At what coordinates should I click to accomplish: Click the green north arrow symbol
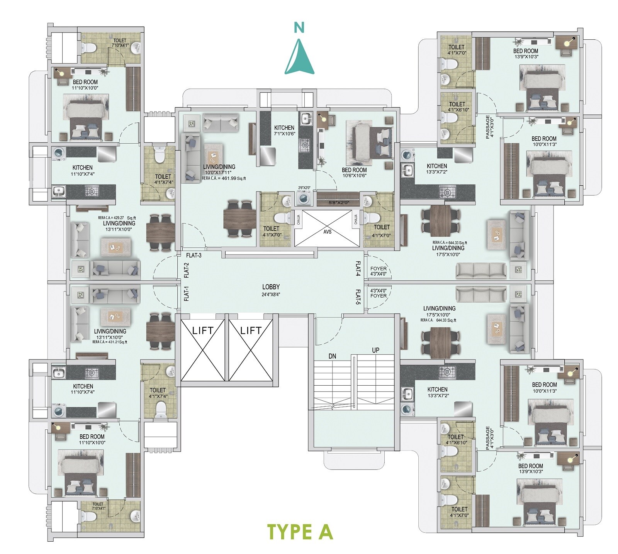pyautogui.click(x=299, y=57)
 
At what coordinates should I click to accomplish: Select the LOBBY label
pyautogui.click(x=271, y=287)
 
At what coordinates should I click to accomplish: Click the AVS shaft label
pyautogui.click(x=328, y=232)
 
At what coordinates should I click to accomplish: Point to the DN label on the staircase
pyautogui.click(x=332, y=356)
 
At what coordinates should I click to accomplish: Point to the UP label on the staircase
pyautogui.click(x=375, y=350)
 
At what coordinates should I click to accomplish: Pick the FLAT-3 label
pyautogui.click(x=194, y=255)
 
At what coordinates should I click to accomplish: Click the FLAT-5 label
pyautogui.click(x=358, y=297)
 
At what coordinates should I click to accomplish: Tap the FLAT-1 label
pyautogui.click(x=187, y=293)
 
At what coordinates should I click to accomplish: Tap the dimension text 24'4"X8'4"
pyautogui.click(x=271, y=294)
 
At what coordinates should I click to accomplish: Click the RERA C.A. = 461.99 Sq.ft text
pyautogui.click(x=224, y=178)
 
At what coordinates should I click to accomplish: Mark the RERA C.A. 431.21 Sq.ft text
pyautogui.click(x=110, y=342)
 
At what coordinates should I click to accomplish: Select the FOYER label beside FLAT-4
pyautogui.click(x=378, y=268)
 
